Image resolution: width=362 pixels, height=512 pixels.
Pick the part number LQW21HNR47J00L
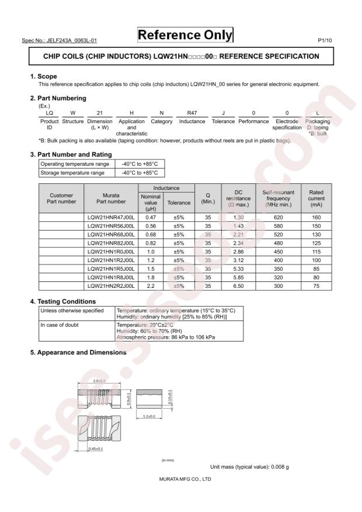110,217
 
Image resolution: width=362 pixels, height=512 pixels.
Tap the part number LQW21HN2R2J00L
110,286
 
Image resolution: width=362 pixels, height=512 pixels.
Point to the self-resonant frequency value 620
283,217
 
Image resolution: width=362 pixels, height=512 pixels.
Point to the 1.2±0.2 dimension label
149,416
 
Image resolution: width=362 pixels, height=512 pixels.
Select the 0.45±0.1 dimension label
95,448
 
